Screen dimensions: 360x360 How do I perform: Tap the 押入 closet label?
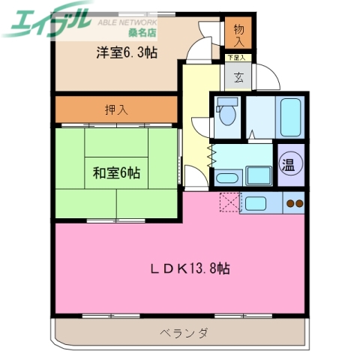tap(116, 109)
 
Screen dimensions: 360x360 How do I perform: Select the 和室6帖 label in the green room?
tap(116, 172)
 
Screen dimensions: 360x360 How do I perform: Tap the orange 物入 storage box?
tap(239, 34)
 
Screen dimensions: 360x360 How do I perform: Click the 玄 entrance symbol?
tap(237, 76)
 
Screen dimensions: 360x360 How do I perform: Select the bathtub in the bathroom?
tap(289, 115)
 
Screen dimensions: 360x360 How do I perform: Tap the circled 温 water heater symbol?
tap(289, 163)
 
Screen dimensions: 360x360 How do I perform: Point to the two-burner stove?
tap(293, 202)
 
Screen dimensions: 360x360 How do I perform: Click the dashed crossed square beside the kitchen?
tap(229, 202)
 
